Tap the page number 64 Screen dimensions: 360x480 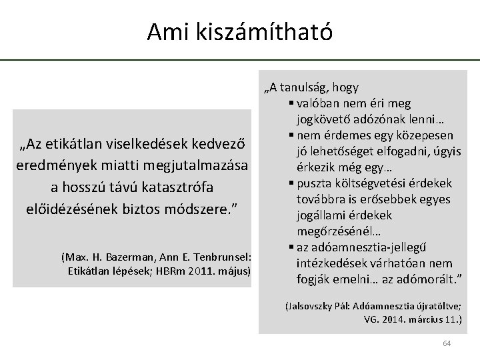point(447,343)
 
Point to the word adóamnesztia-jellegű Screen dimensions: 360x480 point(346,247)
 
